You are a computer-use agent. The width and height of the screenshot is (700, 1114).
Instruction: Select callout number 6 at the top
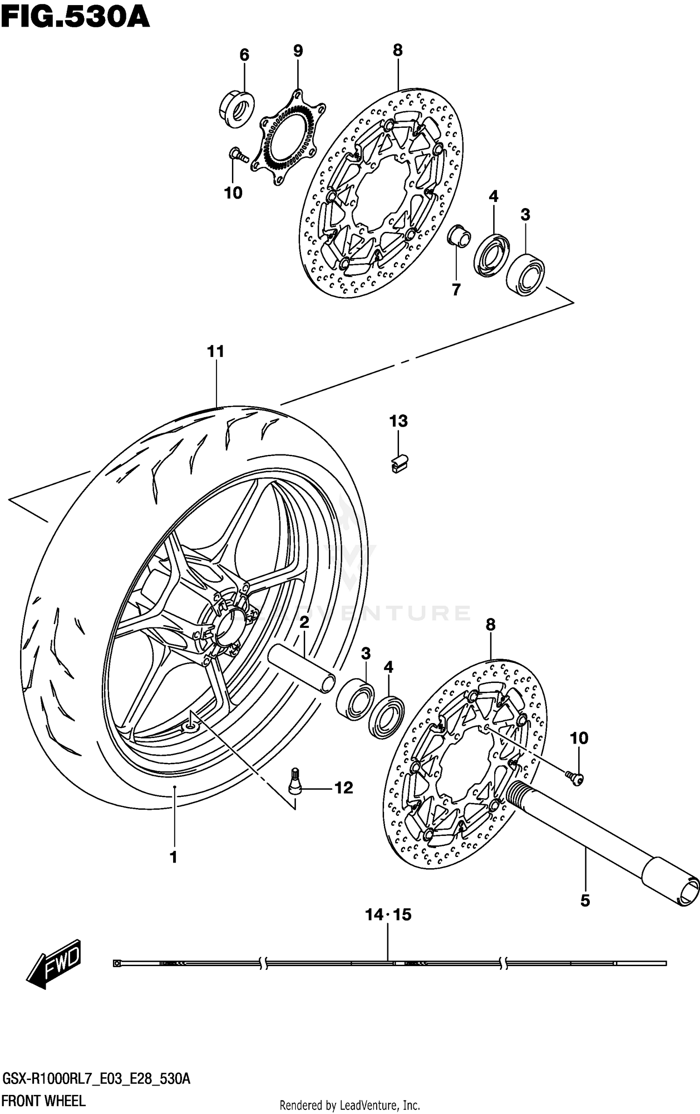(x=244, y=55)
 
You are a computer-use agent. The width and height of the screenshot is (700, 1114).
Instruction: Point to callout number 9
(x=298, y=51)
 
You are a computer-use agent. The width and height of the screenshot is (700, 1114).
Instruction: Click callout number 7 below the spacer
(x=456, y=289)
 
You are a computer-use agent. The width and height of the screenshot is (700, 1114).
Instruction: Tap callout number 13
(x=399, y=421)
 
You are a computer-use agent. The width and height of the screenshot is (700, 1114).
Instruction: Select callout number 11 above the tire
(x=216, y=351)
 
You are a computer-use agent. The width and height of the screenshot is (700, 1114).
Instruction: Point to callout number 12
(x=344, y=788)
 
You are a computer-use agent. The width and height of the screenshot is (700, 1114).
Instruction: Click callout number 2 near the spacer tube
(x=304, y=622)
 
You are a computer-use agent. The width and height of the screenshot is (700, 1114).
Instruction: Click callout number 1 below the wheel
(x=174, y=857)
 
